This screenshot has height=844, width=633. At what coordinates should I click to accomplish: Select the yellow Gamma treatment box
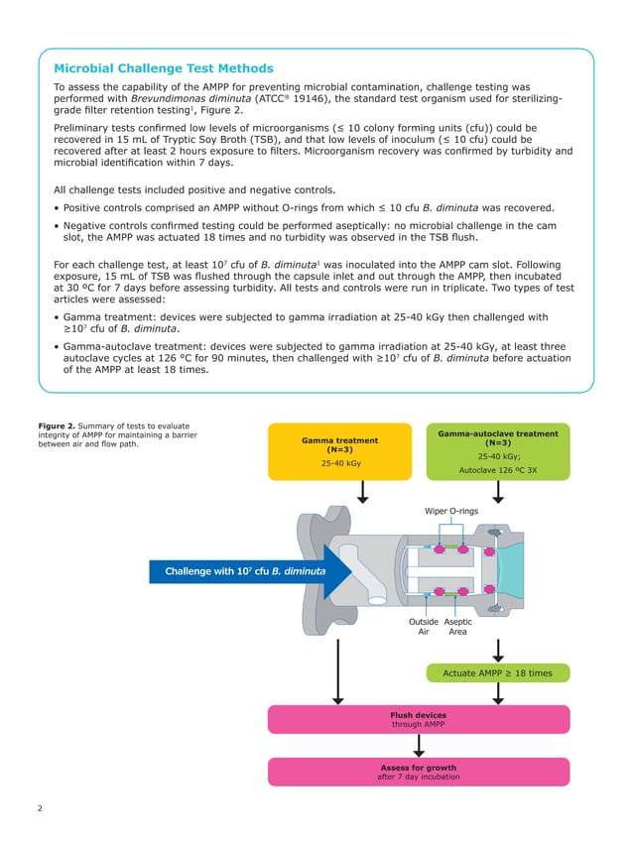(339, 451)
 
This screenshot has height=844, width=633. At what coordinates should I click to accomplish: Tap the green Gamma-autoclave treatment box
(497, 451)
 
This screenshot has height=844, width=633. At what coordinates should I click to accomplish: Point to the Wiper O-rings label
(451, 511)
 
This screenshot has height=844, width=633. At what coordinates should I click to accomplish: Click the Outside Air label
(424, 628)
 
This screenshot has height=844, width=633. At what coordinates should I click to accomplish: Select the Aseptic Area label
(457, 628)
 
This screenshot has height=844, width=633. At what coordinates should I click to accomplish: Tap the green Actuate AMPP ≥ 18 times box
(497, 673)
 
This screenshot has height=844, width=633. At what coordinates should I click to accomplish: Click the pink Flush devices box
(418, 719)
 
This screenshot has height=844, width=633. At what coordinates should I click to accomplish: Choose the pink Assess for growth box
(418, 772)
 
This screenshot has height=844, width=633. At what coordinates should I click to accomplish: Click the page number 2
(40, 809)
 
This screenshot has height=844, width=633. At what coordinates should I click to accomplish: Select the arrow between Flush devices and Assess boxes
(418, 746)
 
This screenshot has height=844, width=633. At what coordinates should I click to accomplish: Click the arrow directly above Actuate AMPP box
(498, 648)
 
